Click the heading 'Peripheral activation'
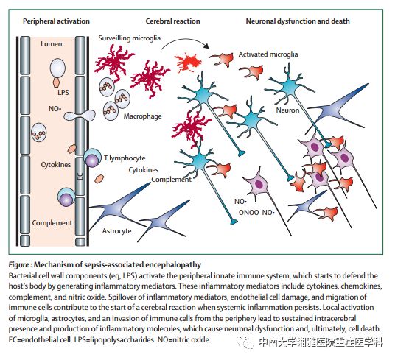pos(56,21)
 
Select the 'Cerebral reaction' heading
pos(172,21)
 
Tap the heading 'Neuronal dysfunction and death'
pos(298,21)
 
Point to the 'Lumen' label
pos(52,44)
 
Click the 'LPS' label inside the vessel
pos(63,92)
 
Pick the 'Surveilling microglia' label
pos(130,38)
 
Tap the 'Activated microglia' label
pos(268,54)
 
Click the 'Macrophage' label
pos(142,116)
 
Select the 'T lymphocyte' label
pos(125,158)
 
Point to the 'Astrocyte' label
pos(117,231)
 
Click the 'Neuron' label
pos(287,110)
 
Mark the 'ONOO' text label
pos(249,213)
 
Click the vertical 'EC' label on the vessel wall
pos(80,177)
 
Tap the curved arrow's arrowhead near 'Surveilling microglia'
pos(206,46)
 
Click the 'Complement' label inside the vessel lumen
pos(52,223)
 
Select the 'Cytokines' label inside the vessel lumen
pos(56,165)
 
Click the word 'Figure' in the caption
pos(18,264)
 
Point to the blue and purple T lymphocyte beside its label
pos(92,158)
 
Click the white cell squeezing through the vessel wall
pos(80,116)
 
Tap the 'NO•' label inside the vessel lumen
pos(55,109)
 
